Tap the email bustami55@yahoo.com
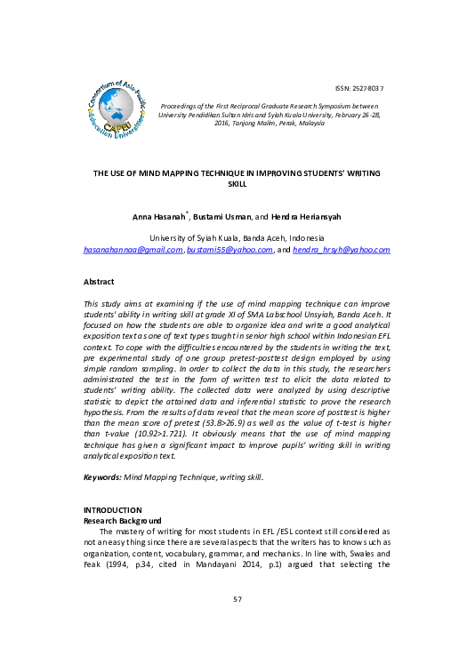tap(229, 250)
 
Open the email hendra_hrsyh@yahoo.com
tap(342, 250)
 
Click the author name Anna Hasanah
tap(157, 216)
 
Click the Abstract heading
tap(101, 281)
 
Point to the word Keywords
tap(101, 477)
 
